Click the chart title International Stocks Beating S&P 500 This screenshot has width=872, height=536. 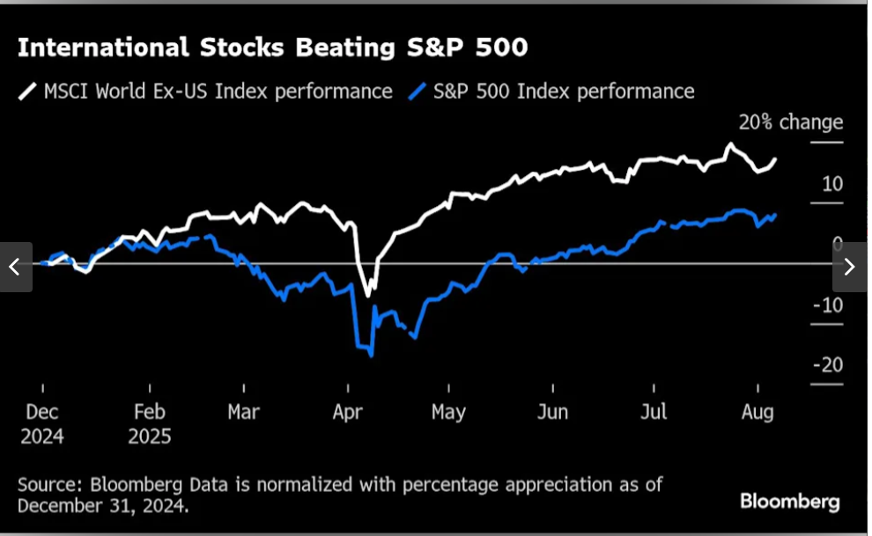click(x=272, y=48)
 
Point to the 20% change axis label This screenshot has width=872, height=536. click(x=790, y=122)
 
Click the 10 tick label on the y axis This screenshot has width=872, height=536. click(x=832, y=184)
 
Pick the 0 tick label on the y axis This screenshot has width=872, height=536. click(x=838, y=244)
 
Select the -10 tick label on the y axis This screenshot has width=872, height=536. click(x=829, y=305)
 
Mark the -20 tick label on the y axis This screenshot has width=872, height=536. click(x=829, y=364)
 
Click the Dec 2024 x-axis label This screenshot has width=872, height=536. click(x=42, y=423)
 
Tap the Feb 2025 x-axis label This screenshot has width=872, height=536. click(x=150, y=423)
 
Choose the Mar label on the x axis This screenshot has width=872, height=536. click(x=243, y=412)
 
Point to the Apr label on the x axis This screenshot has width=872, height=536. click(x=348, y=412)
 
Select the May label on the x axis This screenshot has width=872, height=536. click(x=448, y=412)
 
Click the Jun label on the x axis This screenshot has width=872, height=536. click(x=552, y=412)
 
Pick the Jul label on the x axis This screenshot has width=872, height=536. click(x=654, y=412)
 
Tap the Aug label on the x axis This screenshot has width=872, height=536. click(x=757, y=412)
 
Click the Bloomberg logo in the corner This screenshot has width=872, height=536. click(x=789, y=502)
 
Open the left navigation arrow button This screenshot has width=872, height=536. click(x=15, y=267)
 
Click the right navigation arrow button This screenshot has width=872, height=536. click(x=850, y=267)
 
